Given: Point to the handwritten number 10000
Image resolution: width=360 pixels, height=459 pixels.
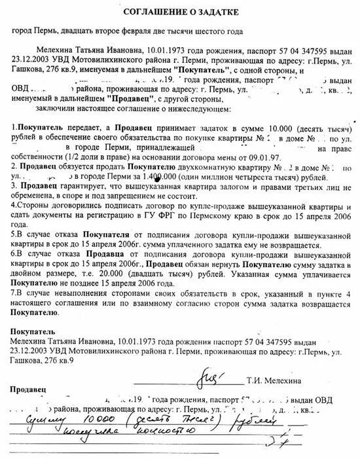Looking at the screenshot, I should click(76, 420).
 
